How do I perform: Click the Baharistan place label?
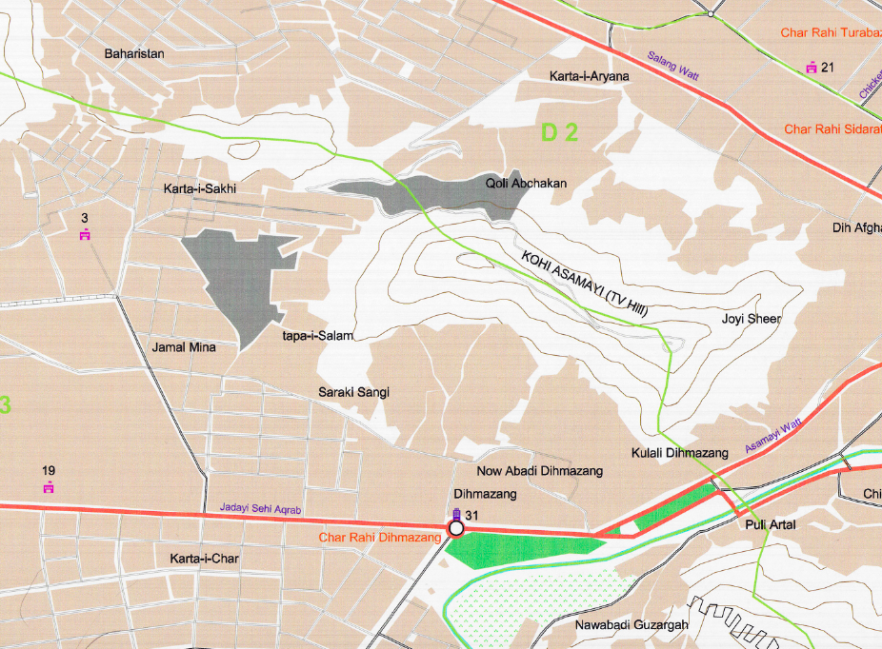coord(134,54)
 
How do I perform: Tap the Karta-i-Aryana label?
coord(590,76)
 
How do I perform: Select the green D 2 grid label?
coord(559,133)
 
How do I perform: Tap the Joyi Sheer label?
coord(751,319)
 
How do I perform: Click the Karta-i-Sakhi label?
coord(199,189)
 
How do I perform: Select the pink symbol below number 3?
coord(85,235)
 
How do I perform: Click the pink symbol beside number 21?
coord(811,68)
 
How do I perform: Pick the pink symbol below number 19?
coord(49,487)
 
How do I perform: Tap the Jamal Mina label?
coord(184,347)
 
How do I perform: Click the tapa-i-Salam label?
coord(318,336)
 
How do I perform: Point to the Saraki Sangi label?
coord(353,392)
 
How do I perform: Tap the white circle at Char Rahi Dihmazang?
coord(456,528)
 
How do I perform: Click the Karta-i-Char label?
coord(204,558)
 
